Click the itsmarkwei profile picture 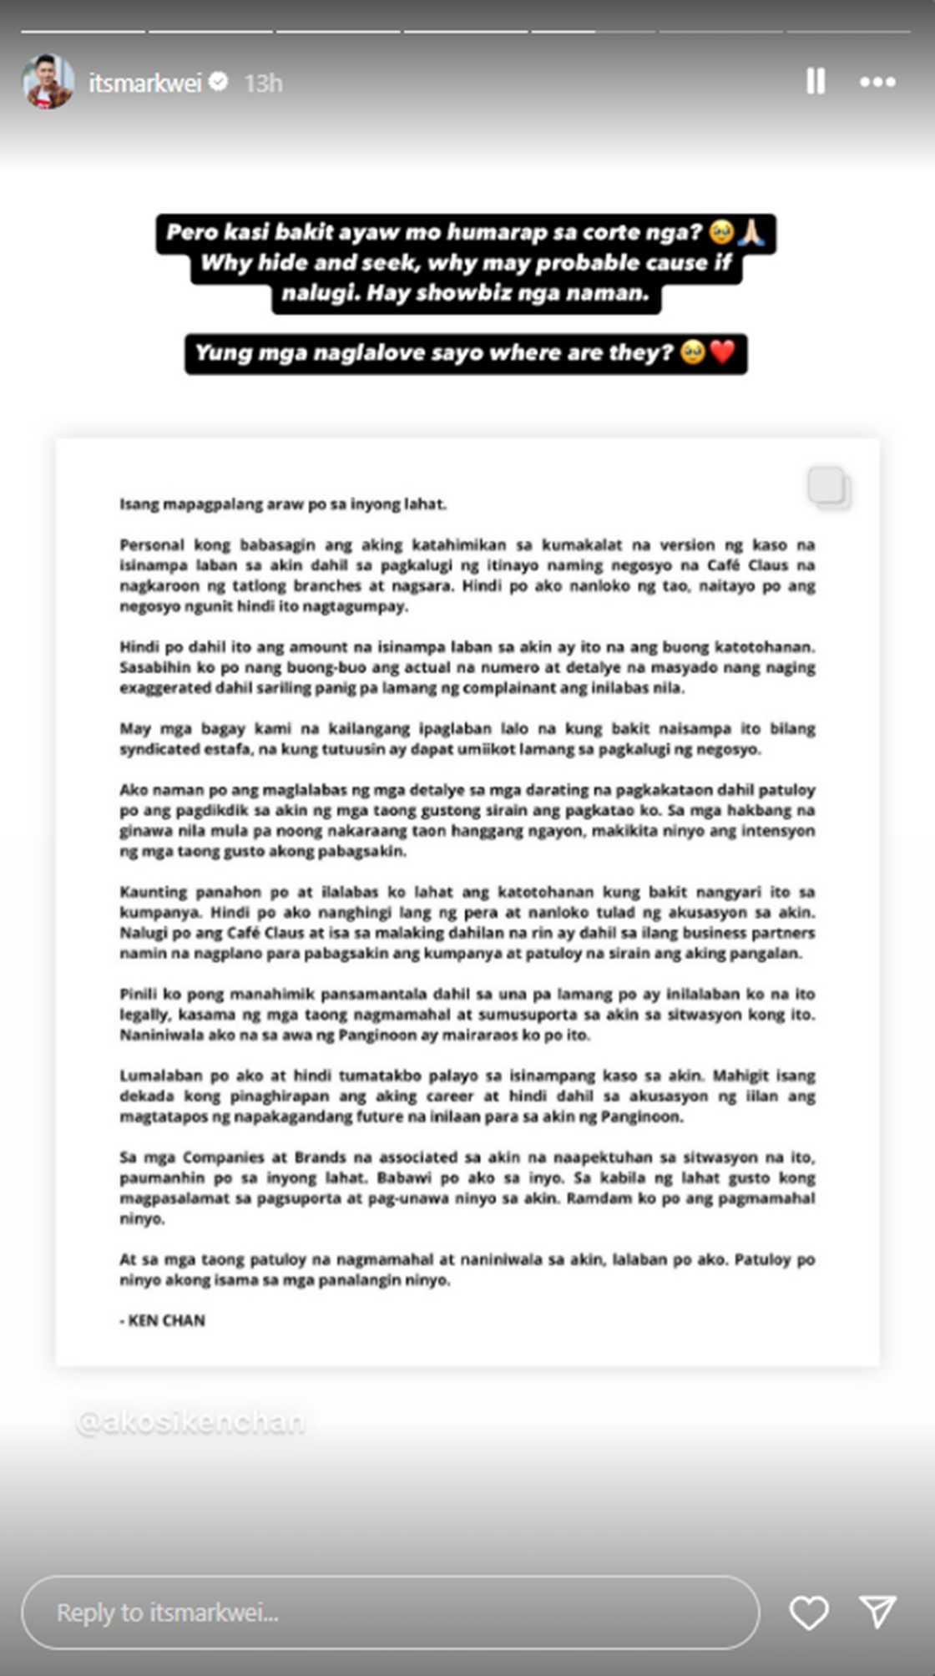[48, 82]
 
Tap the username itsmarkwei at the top [145, 83]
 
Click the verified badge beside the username [219, 82]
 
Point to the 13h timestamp [263, 84]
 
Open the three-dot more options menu [877, 82]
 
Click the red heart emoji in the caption [723, 352]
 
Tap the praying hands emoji [751, 232]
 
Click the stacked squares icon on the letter [828, 487]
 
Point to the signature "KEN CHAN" [166, 1320]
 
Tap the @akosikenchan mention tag [190, 1421]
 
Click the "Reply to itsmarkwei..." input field [390, 1613]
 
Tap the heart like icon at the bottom [809, 1613]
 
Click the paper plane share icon [877, 1612]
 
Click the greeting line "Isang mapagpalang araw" [283, 504]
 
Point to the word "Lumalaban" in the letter [159, 1076]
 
